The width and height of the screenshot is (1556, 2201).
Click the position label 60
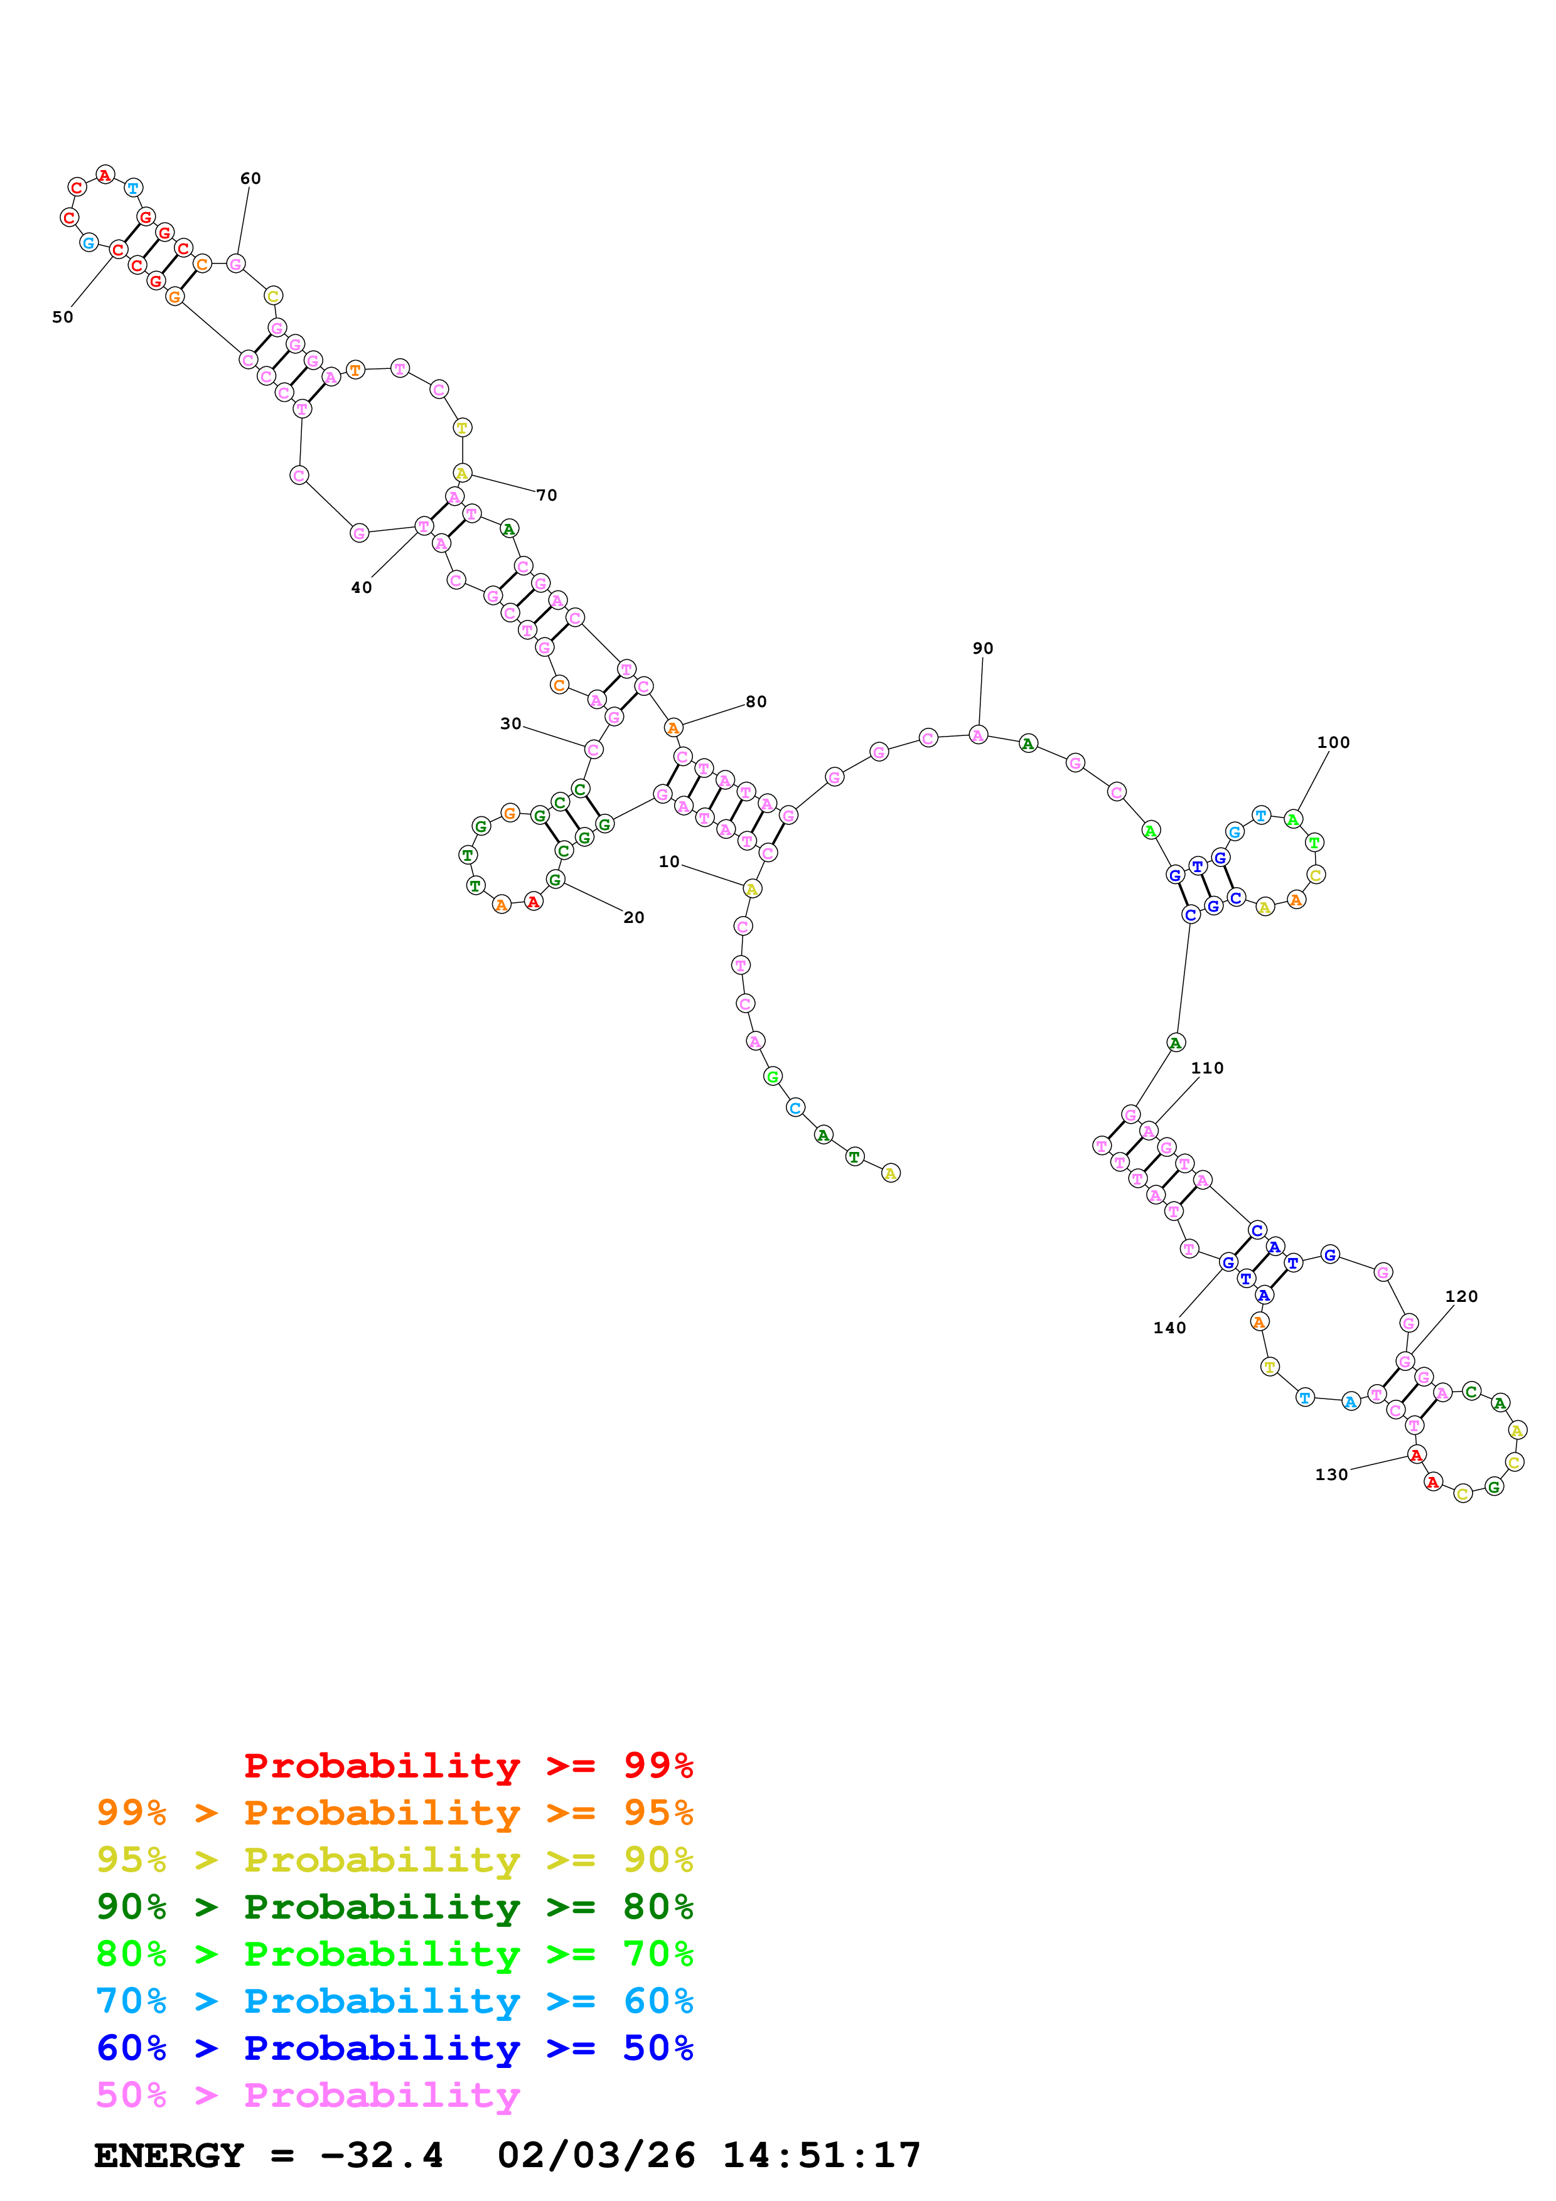click(250, 178)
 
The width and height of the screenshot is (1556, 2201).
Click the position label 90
click(983, 648)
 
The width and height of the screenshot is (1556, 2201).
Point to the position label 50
click(62, 317)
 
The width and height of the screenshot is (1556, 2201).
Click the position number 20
click(634, 917)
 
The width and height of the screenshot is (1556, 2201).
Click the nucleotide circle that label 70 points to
click(462, 474)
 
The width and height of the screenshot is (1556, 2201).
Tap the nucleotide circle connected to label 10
click(751, 888)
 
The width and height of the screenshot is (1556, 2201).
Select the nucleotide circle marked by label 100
click(1292, 819)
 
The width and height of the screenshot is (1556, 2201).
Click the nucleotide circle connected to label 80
click(674, 728)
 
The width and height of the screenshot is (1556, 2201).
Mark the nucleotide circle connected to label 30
click(593, 750)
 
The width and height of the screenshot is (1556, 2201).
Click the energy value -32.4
click(382, 2155)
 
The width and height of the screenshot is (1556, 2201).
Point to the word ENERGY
click(169, 2155)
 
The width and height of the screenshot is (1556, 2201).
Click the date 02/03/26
click(596, 2155)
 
